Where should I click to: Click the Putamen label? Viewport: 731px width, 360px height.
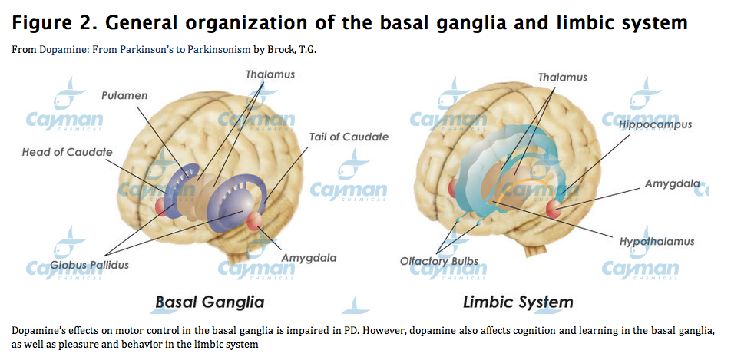click(x=124, y=95)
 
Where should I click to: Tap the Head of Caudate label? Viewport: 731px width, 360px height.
click(x=67, y=152)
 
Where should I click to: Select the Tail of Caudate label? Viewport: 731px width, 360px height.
click(x=349, y=137)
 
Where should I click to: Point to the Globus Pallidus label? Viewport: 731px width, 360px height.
click(x=89, y=265)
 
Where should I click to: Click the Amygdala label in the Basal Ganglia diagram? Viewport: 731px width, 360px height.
click(x=309, y=258)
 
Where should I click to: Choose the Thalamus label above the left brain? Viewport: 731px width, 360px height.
click(x=270, y=74)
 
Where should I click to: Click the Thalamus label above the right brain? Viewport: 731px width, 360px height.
click(x=562, y=78)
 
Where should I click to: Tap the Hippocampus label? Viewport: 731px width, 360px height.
click(x=657, y=124)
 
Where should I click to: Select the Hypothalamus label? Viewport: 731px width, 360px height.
click(x=657, y=242)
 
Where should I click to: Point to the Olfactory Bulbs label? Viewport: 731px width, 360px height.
click(x=439, y=261)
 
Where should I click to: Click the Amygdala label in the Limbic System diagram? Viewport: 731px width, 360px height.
click(x=672, y=183)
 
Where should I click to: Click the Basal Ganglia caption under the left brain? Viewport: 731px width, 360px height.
click(x=210, y=301)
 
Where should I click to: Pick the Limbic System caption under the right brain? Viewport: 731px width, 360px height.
click(x=518, y=301)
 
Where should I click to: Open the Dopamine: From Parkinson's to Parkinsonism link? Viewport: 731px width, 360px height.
click(x=144, y=49)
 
